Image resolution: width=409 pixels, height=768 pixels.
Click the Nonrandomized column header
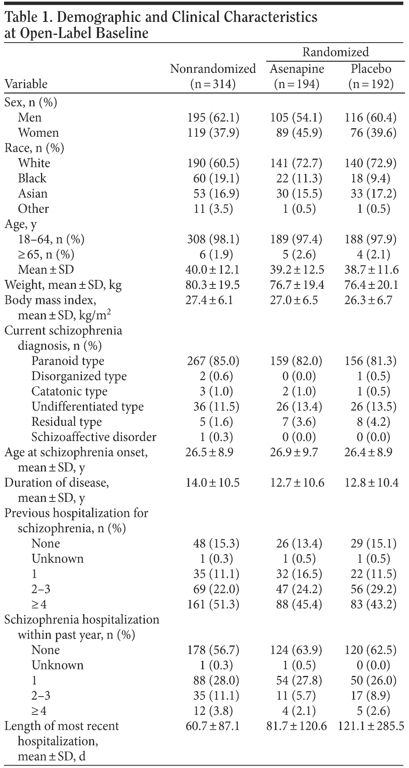(x=213, y=69)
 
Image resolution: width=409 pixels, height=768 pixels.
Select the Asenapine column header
(x=297, y=69)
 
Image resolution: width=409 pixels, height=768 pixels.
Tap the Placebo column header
(x=371, y=69)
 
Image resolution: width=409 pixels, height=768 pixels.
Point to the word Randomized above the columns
(x=336, y=52)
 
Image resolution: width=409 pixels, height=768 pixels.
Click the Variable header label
(x=26, y=84)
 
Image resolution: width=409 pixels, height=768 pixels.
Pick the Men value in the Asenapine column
(x=297, y=118)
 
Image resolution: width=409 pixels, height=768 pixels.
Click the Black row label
(x=32, y=179)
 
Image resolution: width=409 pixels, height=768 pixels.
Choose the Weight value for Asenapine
(x=297, y=285)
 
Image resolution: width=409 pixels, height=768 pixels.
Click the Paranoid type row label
(x=68, y=361)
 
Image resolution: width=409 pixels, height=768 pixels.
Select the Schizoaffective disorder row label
(x=94, y=437)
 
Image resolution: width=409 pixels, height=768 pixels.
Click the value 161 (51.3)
(x=213, y=605)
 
